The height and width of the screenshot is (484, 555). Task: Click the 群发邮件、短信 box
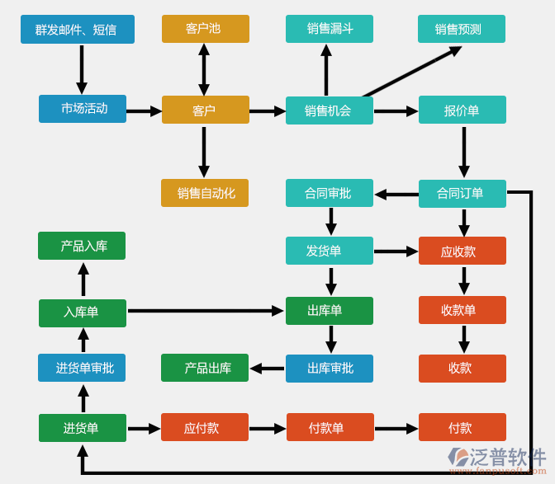(x=77, y=30)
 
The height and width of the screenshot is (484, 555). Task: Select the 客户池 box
(x=205, y=29)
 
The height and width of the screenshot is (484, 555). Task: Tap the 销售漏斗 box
(x=329, y=29)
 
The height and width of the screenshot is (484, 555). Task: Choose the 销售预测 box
(x=461, y=29)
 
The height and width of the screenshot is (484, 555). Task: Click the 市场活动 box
(x=83, y=109)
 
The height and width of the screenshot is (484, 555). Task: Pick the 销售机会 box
(x=329, y=110)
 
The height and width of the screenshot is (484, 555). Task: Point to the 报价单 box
(x=462, y=110)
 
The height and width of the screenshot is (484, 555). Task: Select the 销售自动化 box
(x=205, y=193)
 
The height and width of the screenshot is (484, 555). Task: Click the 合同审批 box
(x=329, y=193)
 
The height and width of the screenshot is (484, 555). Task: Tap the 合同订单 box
(x=462, y=194)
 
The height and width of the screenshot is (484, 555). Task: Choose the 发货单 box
(x=329, y=251)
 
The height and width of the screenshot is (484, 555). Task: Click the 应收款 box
(x=462, y=251)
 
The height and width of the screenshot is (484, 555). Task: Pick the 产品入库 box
(x=82, y=246)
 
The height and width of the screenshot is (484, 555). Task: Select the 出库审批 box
(x=329, y=369)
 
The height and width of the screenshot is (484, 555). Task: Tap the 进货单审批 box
(x=82, y=368)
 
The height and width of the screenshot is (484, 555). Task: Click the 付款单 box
(x=330, y=427)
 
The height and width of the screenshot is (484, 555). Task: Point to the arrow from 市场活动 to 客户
(x=144, y=110)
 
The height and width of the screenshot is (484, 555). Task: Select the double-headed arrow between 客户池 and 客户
(x=204, y=69)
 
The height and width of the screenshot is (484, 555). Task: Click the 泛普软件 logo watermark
(x=497, y=460)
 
